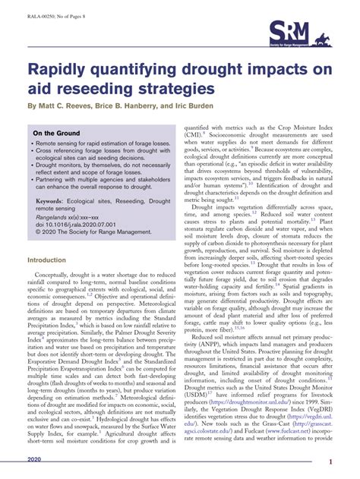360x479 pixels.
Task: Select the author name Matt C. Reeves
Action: click(x=69, y=106)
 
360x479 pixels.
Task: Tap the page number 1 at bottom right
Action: click(x=352, y=462)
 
